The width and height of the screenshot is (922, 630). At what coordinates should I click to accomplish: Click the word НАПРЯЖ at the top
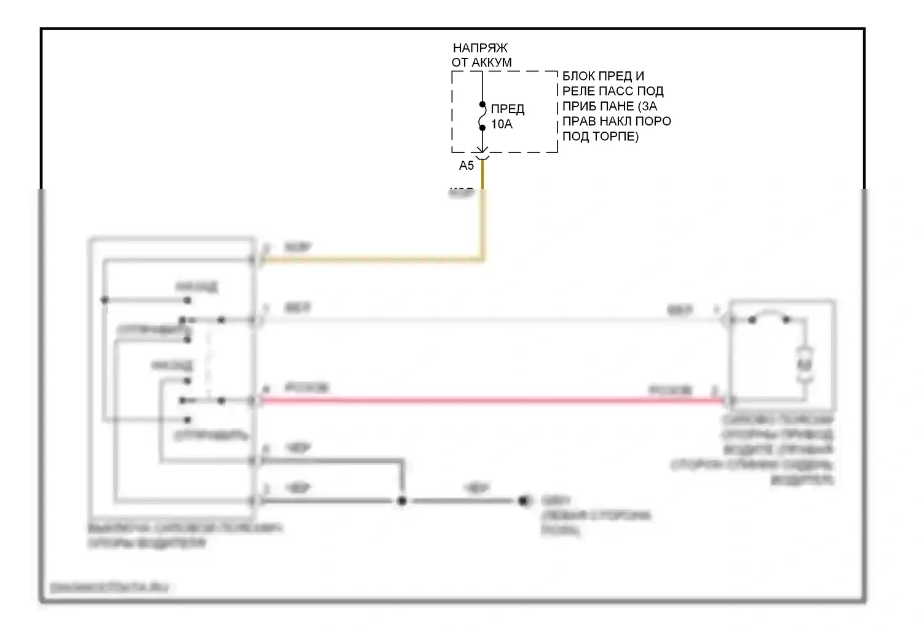click(x=480, y=48)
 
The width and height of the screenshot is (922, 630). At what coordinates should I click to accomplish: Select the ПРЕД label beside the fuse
click(x=507, y=110)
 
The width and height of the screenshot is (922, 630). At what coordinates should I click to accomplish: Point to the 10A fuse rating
click(x=502, y=124)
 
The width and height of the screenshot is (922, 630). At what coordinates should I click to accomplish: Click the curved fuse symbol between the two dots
click(x=483, y=116)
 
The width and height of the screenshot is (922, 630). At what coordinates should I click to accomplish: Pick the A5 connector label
click(x=467, y=165)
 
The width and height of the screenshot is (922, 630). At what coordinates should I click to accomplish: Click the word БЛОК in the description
click(x=579, y=76)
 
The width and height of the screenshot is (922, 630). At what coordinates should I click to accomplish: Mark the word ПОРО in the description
click(x=653, y=121)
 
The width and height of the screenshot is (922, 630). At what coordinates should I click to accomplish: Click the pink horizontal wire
click(x=492, y=401)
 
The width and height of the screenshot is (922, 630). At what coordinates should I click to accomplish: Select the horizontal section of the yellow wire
click(x=369, y=260)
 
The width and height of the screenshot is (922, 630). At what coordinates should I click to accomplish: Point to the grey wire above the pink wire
click(x=492, y=320)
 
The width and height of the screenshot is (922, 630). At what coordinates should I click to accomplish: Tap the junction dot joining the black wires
click(x=401, y=501)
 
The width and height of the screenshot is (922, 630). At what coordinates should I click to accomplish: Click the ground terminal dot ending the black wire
click(x=524, y=501)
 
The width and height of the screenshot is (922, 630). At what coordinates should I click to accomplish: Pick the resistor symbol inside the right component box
click(x=804, y=365)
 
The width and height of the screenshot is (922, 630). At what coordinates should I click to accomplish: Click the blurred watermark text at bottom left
click(x=109, y=588)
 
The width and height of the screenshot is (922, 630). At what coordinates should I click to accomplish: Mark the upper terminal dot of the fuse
click(x=483, y=105)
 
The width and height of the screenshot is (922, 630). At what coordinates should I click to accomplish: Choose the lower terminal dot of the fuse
click(x=483, y=128)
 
